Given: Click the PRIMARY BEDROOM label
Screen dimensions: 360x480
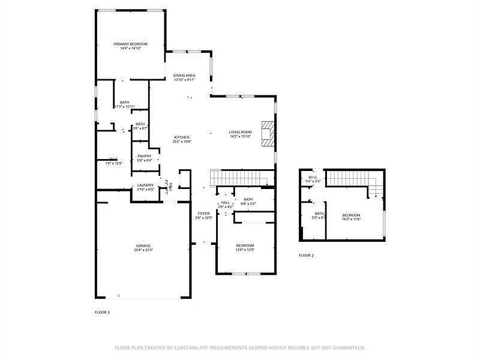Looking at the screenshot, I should pyautogui.click(x=130, y=44).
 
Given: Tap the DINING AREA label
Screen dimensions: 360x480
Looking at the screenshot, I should pyautogui.click(x=184, y=76).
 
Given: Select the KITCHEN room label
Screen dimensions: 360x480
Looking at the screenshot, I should pyautogui.click(x=182, y=137).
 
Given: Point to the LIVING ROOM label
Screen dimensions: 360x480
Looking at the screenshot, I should pyautogui.click(x=240, y=132).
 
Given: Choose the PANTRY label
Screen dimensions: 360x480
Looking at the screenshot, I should pyautogui.click(x=145, y=156).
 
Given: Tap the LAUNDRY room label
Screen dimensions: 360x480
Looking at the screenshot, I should pyautogui.click(x=145, y=185).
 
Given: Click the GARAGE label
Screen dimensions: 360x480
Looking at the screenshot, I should pyautogui.click(x=143, y=245).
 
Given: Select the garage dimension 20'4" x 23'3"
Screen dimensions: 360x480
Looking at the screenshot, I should pyautogui.click(x=143, y=250).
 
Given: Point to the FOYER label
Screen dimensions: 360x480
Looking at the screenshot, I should pyautogui.click(x=204, y=213).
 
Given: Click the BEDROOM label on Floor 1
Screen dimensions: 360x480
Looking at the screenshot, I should pyautogui.click(x=245, y=245).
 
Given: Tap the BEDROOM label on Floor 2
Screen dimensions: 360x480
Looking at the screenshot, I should pyautogui.click(x=351, y=215).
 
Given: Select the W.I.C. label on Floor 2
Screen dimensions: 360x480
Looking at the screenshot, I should pyautogui.click(x=313, y=177).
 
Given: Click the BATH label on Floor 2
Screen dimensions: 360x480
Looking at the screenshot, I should pyautogui.click(x=319, y=214).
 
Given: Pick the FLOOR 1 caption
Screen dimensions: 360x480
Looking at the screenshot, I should pyautogui.click(x=102, y=312).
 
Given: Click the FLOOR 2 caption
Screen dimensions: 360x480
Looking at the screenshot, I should pyautogui.click(x=306, y=255).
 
